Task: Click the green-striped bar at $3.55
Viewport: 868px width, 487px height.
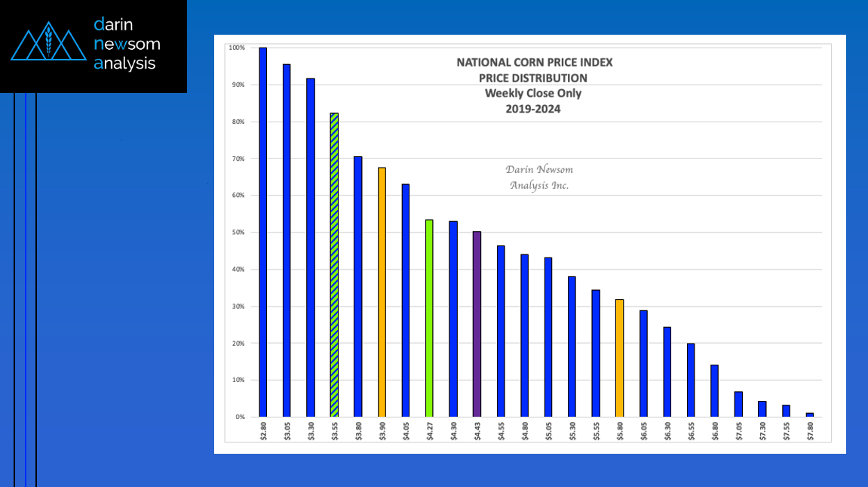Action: pyautogui.click(x=334, y=264)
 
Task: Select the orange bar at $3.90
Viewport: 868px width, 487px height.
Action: pyautogui.click(x=382, y=291)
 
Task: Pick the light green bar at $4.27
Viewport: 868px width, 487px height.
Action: pyautogui.click(x=429, y=318)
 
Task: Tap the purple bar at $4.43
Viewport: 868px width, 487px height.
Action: pyautogui.click(x=477, y=324)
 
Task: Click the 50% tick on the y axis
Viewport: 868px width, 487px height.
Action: pyautogui.click(x=237, y=233)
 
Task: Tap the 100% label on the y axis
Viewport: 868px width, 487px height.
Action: pyautogui.click(x=236, y=48)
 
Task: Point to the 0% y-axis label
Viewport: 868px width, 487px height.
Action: pyautogui.click(x=240, y=417)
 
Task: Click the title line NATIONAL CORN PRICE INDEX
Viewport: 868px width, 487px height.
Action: pyautogui.click(x=534, y=63)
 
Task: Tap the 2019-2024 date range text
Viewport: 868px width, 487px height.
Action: pyautogui.click(x=533, y=109)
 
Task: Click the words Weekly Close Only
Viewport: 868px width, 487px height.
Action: pyautogui.click(x=533, y=94)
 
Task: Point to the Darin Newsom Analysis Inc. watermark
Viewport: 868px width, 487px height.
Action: pyautogui.click(x=538, y=177)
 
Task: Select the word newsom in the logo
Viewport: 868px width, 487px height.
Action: pyautogui.click(x=127, y=44)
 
